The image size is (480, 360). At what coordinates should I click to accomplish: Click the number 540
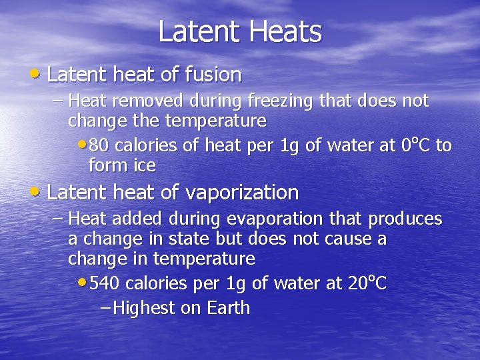[105, 283]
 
